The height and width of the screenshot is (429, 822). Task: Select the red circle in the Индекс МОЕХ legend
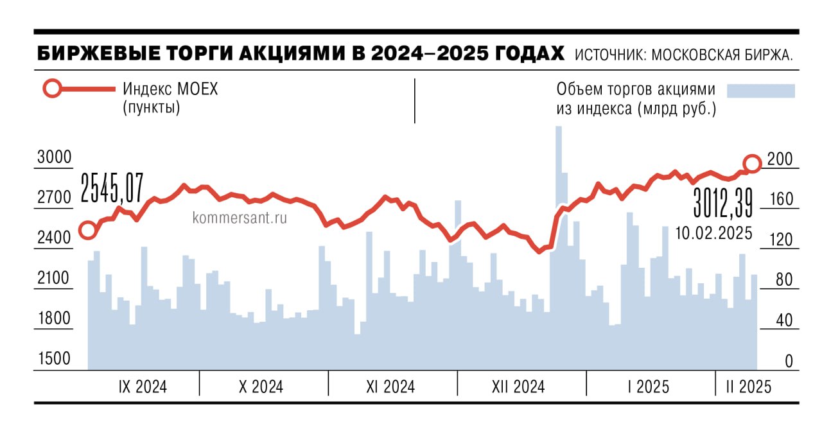click(x=52, y=89)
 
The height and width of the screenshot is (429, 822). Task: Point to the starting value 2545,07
click(x=113, y=188)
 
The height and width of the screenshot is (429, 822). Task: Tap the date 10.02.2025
click(x=713, y=233)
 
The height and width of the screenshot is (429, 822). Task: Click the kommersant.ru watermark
click(x=240, y=218)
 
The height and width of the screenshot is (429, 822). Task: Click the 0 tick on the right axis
click(x=789, y=361)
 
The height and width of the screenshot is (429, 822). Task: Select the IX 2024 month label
click(x=143, y=387)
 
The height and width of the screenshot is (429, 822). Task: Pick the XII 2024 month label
click(x=518, y=387)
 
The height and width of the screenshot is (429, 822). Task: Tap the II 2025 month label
click(x=749, y=387)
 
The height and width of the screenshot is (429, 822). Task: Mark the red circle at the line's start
click(x=88, y=230)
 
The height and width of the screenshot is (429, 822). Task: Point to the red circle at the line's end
click(x=752, y=164)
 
